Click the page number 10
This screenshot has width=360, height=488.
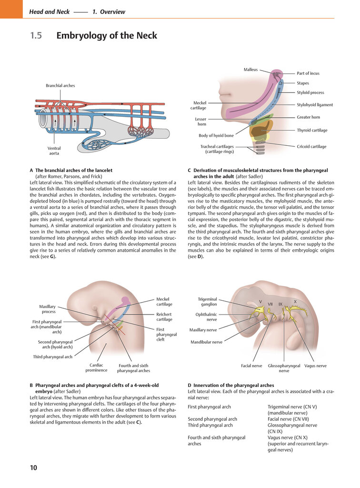33,468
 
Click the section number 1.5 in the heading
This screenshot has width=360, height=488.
36,35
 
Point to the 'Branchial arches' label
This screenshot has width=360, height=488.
60,86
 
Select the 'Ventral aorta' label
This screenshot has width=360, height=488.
54,151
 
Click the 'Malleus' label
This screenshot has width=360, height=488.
250,70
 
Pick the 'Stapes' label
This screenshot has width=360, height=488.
303,83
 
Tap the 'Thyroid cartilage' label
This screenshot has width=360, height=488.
312,130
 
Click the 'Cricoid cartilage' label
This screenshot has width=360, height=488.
311,146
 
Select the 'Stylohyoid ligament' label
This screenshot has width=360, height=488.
315,105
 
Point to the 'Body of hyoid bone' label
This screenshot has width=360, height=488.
216,135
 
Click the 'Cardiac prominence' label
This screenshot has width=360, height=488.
96,367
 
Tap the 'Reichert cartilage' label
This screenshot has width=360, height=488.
164,317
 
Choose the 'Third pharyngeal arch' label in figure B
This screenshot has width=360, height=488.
52,356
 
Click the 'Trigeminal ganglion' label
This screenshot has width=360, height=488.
207,302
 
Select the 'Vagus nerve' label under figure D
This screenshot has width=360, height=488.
315,366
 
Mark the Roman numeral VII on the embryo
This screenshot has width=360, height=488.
270,304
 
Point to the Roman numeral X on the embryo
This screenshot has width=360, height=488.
295,302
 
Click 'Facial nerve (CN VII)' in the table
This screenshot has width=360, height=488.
288,419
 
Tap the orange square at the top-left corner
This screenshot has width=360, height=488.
11,9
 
